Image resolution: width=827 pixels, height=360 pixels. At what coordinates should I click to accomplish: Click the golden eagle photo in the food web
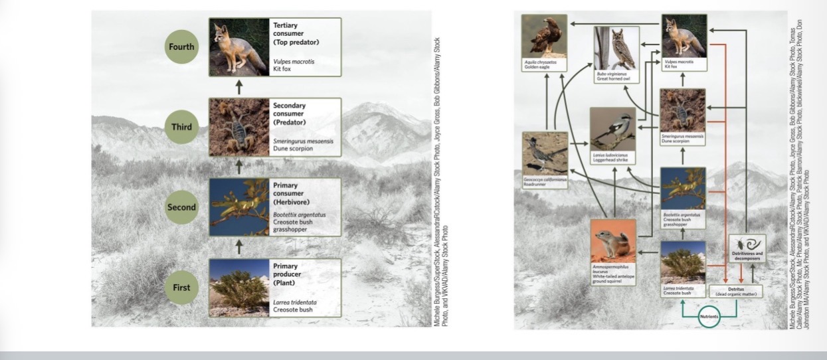point(544,37)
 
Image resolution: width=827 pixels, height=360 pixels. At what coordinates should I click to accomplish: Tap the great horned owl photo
point(616,48)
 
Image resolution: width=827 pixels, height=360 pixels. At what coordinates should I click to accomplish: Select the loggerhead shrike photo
point(612,129)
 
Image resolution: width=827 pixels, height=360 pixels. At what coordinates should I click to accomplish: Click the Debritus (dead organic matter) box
point(737,291)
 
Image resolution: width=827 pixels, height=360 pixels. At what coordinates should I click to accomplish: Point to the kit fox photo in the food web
point(684,37)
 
